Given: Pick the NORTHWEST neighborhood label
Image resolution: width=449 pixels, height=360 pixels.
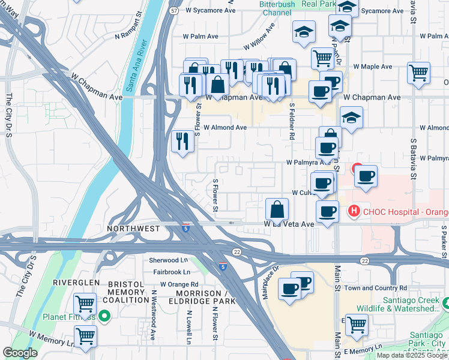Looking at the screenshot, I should point(133,229).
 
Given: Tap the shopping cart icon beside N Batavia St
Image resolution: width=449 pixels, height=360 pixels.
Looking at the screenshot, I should point(418,73).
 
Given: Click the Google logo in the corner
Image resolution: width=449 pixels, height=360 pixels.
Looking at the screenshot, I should point(20,353).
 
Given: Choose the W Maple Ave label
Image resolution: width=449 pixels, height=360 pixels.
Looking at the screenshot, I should point(372,66).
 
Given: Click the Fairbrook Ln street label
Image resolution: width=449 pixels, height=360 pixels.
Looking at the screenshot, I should point(171,272).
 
